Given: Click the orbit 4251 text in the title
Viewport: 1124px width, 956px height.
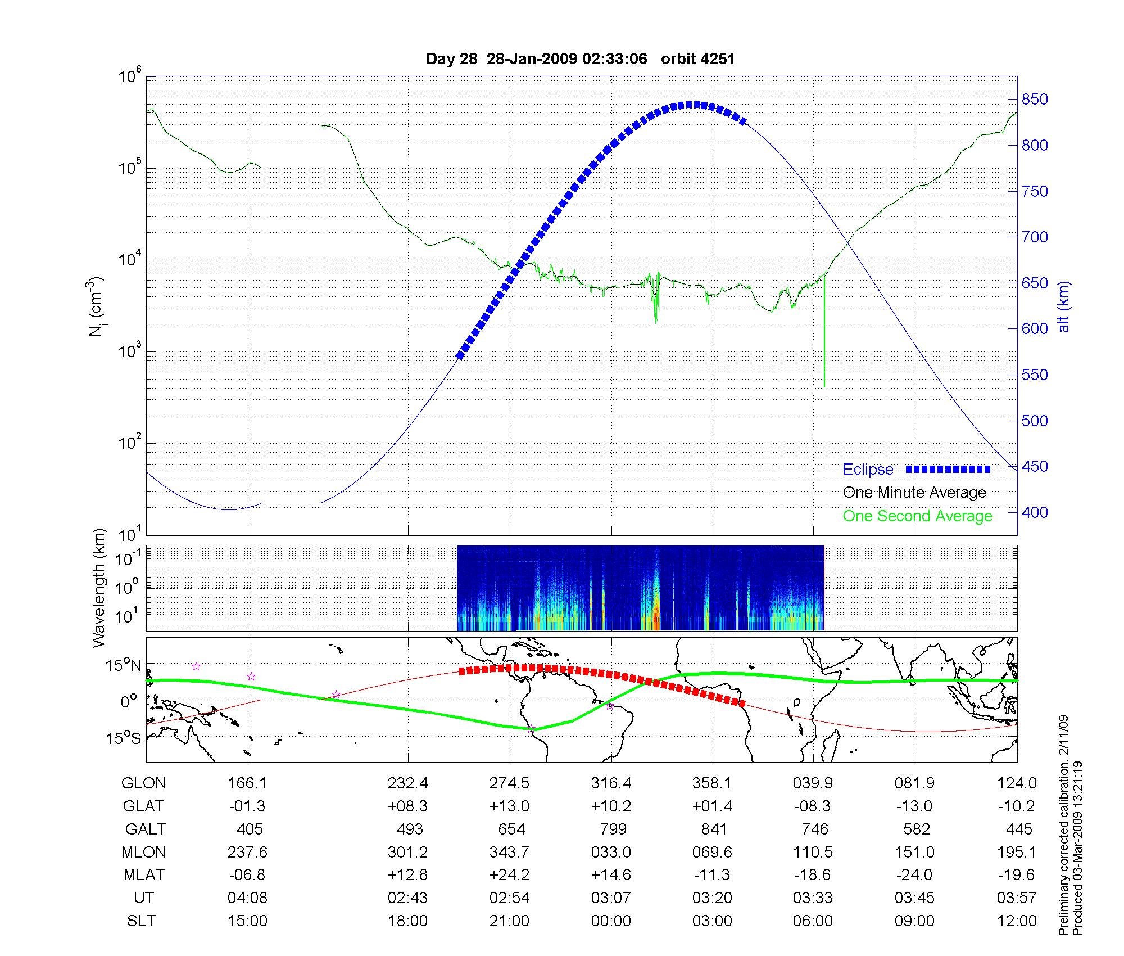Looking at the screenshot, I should (x=697, y=59).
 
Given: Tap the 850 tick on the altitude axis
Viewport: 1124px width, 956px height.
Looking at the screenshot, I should (x=1034, y=100).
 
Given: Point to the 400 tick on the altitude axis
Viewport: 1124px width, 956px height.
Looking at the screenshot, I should (x=1034, y=512).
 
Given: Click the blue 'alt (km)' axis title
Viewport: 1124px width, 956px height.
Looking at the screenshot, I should (x=1064, y=306).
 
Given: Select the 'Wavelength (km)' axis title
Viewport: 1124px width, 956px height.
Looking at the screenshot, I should (x=99, y=588).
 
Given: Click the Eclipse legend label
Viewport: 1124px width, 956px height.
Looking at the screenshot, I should (x=868, y=470).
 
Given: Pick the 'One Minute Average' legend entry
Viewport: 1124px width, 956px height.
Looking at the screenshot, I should (x=914, y=493).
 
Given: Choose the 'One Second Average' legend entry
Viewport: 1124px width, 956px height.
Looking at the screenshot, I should (x=917, y=516).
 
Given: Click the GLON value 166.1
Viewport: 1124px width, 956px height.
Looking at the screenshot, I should (x=248, y=783).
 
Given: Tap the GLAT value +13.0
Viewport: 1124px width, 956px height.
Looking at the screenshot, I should (x=510, y=806).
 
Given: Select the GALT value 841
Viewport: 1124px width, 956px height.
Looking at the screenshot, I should (x=714, y=829).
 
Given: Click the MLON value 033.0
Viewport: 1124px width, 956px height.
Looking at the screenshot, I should (x=611, y=852).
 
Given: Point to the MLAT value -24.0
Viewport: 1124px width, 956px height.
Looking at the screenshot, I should (x=915, y=875).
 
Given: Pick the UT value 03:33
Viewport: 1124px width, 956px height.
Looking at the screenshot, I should (x=813, y=898).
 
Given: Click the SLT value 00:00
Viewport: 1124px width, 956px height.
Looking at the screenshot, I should (x=611, y=921).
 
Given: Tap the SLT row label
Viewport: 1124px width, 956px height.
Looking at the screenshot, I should (x=141, y=921).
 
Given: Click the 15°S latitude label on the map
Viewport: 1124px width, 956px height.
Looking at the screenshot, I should (x=124, y=738).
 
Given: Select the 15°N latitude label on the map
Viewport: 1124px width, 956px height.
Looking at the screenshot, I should (x=124, y=666).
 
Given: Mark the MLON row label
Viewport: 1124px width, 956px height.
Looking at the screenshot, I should (x=144, y=852).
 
